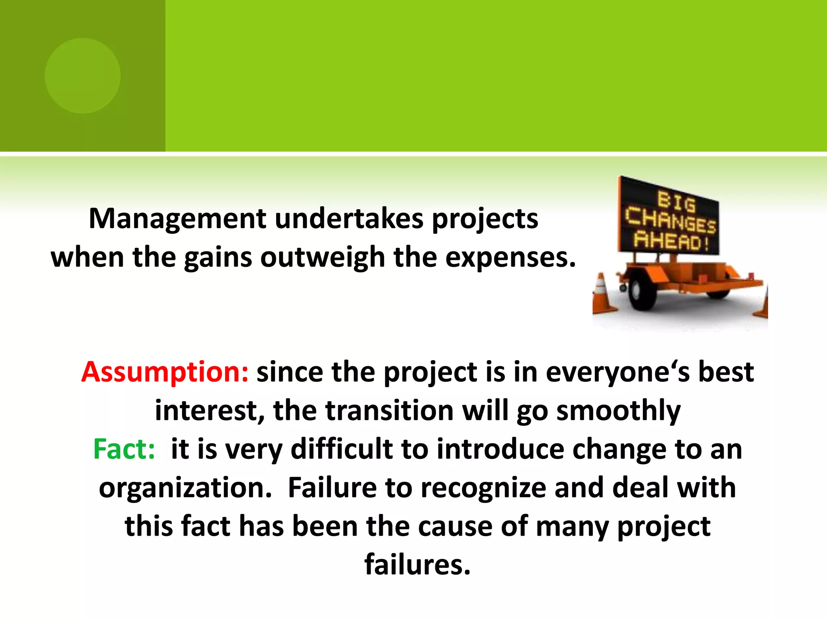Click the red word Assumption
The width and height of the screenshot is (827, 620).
pos(165,372)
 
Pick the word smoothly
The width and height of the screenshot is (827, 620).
pos(618,411)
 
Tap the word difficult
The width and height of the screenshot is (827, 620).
pos(342,449)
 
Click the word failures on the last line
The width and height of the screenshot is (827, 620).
pos(418,565)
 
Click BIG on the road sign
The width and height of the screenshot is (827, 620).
pos(676,202)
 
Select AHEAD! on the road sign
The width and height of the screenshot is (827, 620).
pos(671,241)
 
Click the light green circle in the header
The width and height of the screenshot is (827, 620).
pos(82,75)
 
